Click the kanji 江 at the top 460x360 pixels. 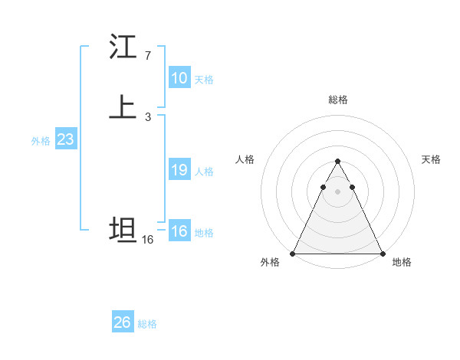click(x=123, y=47)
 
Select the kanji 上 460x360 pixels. click(x=123, y=108)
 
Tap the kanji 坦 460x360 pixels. click(x=123, y=230)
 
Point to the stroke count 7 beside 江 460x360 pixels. click(x=148, y=56)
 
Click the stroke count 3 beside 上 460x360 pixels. click(x=148, y=116)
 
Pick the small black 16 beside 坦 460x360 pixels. click(x=148, y=240)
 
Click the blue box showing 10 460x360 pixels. click(x=179, y=78)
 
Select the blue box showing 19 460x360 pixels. click(x=179, y=170)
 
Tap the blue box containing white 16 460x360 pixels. click(x=179, y=231)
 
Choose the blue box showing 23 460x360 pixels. click(x=66, y=139)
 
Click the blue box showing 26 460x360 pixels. click(x=123, y=322)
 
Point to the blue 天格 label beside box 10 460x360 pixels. click(x=204, y=80)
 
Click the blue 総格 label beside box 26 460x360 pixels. click(x=147, y=324)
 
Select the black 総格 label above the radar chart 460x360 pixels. click(x=338, y=100)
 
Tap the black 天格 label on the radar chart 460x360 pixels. click(x=431, y=159)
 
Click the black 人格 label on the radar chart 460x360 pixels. click(x=245, y=159)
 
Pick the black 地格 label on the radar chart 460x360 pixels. click(x=402, y=263)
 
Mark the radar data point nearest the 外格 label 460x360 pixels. click(x=294, y=253)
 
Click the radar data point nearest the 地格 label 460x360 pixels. click(x=382, y=253)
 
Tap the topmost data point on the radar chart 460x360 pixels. click(x=337, y=162)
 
